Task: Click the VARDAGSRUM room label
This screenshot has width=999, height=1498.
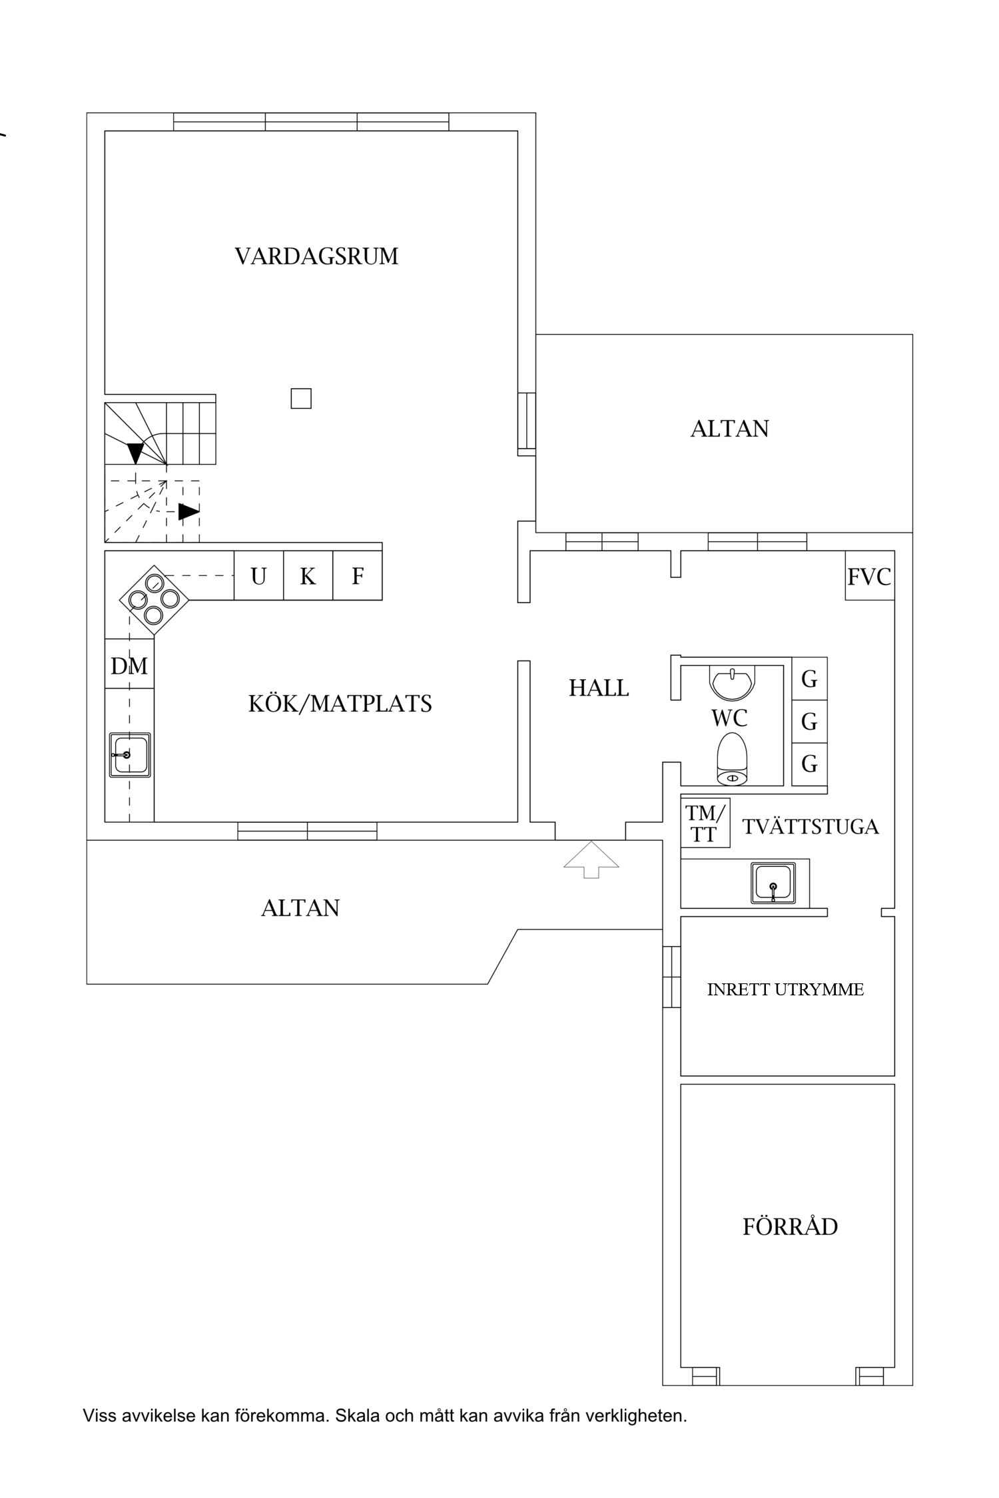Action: click(x=316, y=256)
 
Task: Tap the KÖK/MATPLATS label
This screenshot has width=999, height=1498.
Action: click(x=340, y=704)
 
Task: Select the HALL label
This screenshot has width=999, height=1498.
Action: click(x=599, y=688)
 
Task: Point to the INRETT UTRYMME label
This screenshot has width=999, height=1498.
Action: click(x=785, y=990)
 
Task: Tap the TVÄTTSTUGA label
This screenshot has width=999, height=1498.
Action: click(x=811, y=826)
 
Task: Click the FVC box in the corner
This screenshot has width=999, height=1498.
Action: click(x=869, y=576)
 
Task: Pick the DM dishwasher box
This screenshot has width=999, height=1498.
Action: click(x=129, y=664)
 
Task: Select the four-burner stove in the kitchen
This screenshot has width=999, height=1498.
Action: click(x=154, y=600)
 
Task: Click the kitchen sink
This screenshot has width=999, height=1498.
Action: click(x=130, y=754)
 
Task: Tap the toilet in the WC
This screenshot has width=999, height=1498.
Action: click(x=733, y=758)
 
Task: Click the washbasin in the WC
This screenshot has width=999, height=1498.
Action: click(x=733, y=680)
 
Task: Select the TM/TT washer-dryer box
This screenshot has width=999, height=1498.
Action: click(x=705, y=823)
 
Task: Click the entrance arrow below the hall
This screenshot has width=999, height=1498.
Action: click(x=591, y=860)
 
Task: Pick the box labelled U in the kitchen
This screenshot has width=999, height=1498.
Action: click(x=258, y=575)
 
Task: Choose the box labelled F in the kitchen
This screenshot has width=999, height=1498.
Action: click(x=358, y=575)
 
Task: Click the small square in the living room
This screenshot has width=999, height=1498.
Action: click(x=301, y=399)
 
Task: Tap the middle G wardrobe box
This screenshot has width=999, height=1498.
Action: click(x=809, y=722)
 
